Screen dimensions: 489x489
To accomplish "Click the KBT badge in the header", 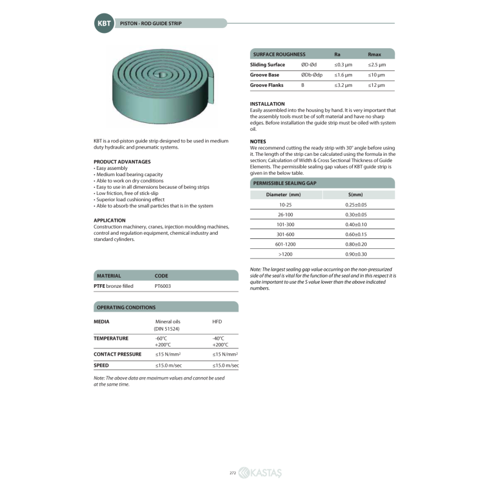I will pyautogui.click(x=105, y=23).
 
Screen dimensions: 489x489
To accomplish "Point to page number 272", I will pyautogui.click(x=233, y=473).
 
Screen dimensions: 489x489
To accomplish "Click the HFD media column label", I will pyautogui.click(x=217, y=321).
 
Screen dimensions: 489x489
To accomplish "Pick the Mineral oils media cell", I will pyautogui.click(x=168, y=321).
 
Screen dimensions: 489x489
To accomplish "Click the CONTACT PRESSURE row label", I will pyautogui.click(x=117, y=354).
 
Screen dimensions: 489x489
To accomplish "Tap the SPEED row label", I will pyautogui.click(x=101, y=365).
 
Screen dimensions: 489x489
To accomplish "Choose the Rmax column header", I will pyautogui.click(x=374, y=54).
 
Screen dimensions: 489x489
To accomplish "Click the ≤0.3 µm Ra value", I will pyautogui.click(x=344, y=64).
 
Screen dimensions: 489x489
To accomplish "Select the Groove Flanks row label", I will pyautogui.click(x=268, y=85).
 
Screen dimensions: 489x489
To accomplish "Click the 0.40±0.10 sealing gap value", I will pyautogui.click(x=356, y=224).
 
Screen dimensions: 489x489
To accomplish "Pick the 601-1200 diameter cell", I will pyautogui.click(x=286, y=244).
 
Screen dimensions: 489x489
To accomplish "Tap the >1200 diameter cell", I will pyautogui.click(x=284, y=254).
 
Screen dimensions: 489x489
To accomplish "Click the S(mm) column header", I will pyautogui.click(x=356, y=194).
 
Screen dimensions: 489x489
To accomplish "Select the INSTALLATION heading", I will pyautogui.click(x=267, y=104).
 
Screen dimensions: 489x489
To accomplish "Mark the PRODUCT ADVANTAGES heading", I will pyautogui.click(x=122, y=161).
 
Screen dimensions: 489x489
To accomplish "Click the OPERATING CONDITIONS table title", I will pyautogui.click(x=126, y=307).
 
